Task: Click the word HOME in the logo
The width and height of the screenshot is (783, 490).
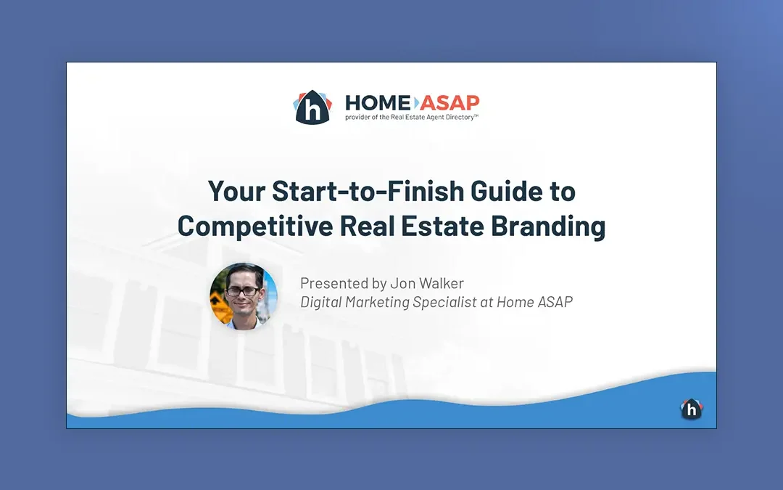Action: [x=378, y=103]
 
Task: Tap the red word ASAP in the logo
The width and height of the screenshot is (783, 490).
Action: [x=449, y=103]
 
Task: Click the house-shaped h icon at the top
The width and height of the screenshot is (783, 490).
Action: [x=312, y=107]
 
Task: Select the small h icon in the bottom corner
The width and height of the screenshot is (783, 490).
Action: [x=692, y=409]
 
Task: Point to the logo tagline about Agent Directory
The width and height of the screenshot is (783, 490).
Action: [x=412, y=118]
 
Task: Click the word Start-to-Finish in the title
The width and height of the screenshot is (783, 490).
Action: [x=368, y=191]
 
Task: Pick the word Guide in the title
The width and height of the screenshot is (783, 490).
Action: [x=506, y=191]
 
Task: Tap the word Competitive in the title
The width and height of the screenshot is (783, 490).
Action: [x=255, y=226]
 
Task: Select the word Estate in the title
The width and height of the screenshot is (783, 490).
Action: [x=442, y=226]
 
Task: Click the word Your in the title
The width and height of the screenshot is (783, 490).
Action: [x=236, y=191]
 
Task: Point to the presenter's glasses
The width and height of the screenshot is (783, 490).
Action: [x=243, y=291]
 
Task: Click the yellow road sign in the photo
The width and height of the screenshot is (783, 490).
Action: [x=220, y=306]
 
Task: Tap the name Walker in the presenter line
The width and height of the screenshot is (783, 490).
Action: [x=442, y=284]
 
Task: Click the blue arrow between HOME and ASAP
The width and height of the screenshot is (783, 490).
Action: [x=416, y=103]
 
